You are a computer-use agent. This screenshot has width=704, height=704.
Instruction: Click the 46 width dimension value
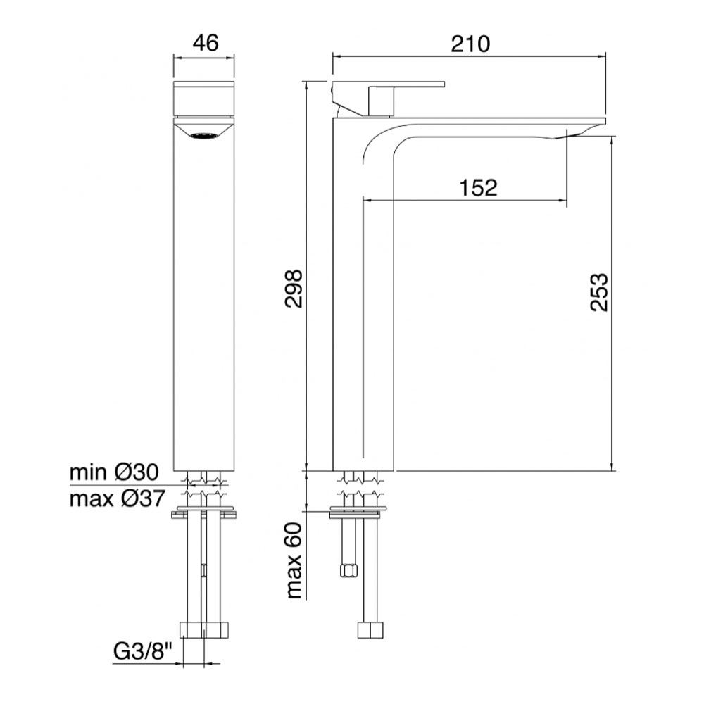(203, 43)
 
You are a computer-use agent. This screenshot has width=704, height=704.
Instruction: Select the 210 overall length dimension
(470, 43)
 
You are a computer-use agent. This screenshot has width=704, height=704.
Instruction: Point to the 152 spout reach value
(478, 187)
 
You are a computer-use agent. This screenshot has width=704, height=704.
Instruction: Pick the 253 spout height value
(596, 292)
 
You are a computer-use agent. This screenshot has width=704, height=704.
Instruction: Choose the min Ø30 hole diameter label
(116, 472)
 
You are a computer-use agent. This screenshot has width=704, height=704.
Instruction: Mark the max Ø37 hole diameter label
(117, 499)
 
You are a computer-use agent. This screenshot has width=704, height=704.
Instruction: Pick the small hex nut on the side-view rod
(346, 570)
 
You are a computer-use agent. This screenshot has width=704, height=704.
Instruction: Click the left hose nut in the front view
(190, 629)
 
